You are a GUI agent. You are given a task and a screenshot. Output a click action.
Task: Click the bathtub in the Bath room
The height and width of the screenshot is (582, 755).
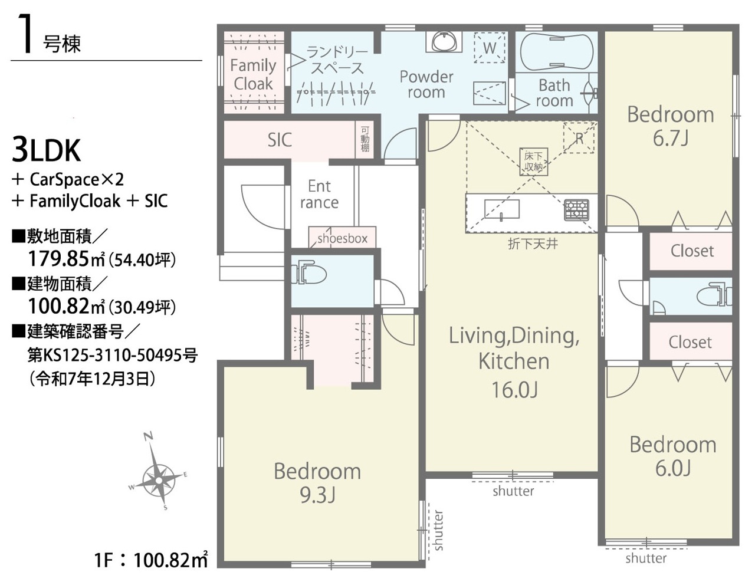[x=556, y=52]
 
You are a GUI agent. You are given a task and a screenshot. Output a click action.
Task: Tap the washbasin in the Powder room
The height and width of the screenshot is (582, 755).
[x=444, y=41]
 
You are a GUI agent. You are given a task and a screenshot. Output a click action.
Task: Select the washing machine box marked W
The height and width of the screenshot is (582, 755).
[x=489, y=48]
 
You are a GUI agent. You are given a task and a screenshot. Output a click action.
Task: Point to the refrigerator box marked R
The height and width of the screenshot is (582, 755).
[x=579, y=138]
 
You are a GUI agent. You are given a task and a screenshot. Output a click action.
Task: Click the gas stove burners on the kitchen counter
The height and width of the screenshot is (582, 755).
[x=577, y=210]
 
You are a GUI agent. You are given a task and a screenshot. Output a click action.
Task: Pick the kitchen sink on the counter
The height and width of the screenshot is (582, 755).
[x=502, y=209]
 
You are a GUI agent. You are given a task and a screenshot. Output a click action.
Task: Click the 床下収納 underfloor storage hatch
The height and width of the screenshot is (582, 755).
[x=533, y=162]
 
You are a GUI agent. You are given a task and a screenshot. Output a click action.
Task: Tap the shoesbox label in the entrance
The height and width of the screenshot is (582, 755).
[x=342, y=239]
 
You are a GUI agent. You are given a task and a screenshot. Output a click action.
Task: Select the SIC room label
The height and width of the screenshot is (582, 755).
[x=280, y=140]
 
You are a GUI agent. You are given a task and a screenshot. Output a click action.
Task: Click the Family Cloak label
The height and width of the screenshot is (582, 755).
[x=253, y=74]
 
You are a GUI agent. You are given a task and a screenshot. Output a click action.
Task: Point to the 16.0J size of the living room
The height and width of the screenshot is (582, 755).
[x=514, y=390]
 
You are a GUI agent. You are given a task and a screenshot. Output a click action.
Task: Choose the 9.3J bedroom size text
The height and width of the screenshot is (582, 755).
[x=317, y=495]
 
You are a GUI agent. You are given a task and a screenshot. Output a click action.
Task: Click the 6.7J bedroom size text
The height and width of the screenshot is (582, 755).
[x=670, y=138]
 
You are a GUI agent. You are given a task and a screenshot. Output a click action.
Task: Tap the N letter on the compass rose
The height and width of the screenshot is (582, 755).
[x=149, y=436]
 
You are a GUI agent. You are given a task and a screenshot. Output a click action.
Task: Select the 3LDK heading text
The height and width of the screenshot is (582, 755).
[x=46, y=150]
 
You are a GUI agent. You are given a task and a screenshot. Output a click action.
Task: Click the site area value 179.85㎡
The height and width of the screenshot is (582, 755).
[x=66, y=258]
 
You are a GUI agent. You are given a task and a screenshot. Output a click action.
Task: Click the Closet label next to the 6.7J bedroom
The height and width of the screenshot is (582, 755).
[x=692, y=251]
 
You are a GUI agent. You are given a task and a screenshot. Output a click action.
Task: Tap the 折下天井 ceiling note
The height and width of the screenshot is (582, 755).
[x=533, y=244]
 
